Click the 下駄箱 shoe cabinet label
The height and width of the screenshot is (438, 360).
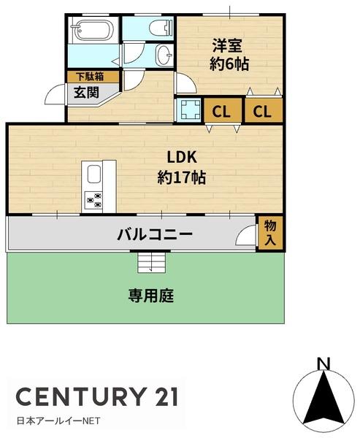click(x=85, y=75)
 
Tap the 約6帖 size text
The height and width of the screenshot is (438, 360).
click(x=229, y=64)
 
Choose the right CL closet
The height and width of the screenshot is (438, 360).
click(x=264, y=112)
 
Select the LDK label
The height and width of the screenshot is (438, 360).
click(x=182, y=158)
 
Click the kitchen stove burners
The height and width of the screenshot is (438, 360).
click(x=93, y=197)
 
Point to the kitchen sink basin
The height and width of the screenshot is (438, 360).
click(x=94, y=175)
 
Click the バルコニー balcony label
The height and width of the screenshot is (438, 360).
click(x=155, y=235)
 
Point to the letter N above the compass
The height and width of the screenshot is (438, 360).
click(x=323, y=362)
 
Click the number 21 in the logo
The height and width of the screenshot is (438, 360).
click(x=162, y=396)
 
